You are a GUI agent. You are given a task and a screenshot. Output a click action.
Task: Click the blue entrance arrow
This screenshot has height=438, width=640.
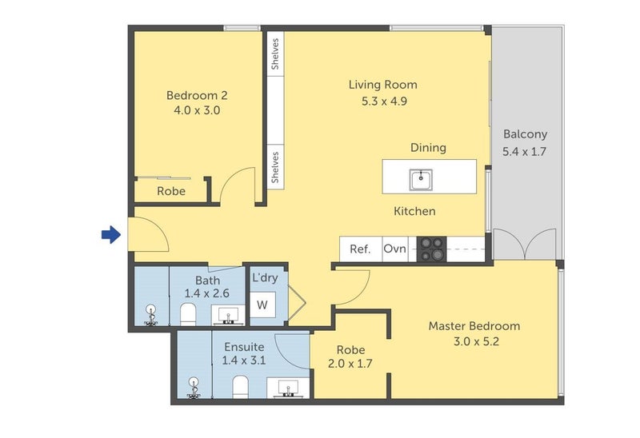click(111, 234)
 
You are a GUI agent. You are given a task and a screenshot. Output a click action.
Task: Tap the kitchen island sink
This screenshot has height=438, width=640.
click(421, 180)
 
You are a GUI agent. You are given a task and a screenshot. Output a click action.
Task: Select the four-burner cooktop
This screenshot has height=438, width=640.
click(431, 249)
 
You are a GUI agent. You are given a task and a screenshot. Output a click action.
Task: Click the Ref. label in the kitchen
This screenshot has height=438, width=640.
click(360, 249)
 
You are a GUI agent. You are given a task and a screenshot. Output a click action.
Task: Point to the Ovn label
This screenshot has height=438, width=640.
click(394, 249)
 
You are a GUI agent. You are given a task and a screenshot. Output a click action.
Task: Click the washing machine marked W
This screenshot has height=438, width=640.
click(262, 305)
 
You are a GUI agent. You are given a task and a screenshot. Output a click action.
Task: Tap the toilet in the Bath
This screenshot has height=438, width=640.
click(188, 314)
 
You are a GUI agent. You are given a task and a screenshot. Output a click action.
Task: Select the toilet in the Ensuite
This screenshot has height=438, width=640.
click(241, 387)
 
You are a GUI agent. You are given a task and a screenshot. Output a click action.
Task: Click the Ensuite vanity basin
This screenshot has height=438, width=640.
click(289, 388)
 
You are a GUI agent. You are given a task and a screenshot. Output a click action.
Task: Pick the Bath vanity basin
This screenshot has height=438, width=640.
click(229, 316)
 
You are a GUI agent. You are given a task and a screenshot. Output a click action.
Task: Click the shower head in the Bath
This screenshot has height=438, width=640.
click(151, 315)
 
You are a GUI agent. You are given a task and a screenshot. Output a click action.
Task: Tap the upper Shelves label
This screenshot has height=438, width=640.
click(275, 54)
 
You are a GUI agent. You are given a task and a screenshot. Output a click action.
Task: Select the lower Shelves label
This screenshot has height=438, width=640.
click(275, 167)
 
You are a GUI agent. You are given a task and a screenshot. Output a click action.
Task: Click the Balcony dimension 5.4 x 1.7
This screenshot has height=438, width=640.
click(524, 152)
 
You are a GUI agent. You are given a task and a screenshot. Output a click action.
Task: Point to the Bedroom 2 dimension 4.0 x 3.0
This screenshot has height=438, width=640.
click(197, 110)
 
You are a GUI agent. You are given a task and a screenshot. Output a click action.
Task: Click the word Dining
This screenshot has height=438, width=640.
click(428, 148)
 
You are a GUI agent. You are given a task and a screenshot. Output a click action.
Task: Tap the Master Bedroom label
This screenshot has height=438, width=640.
click(474, 326)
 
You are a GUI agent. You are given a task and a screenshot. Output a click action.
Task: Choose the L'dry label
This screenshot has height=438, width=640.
click(265, 277)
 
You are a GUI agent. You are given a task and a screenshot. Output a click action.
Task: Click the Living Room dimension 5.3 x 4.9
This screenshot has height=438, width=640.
click(384, 102)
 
